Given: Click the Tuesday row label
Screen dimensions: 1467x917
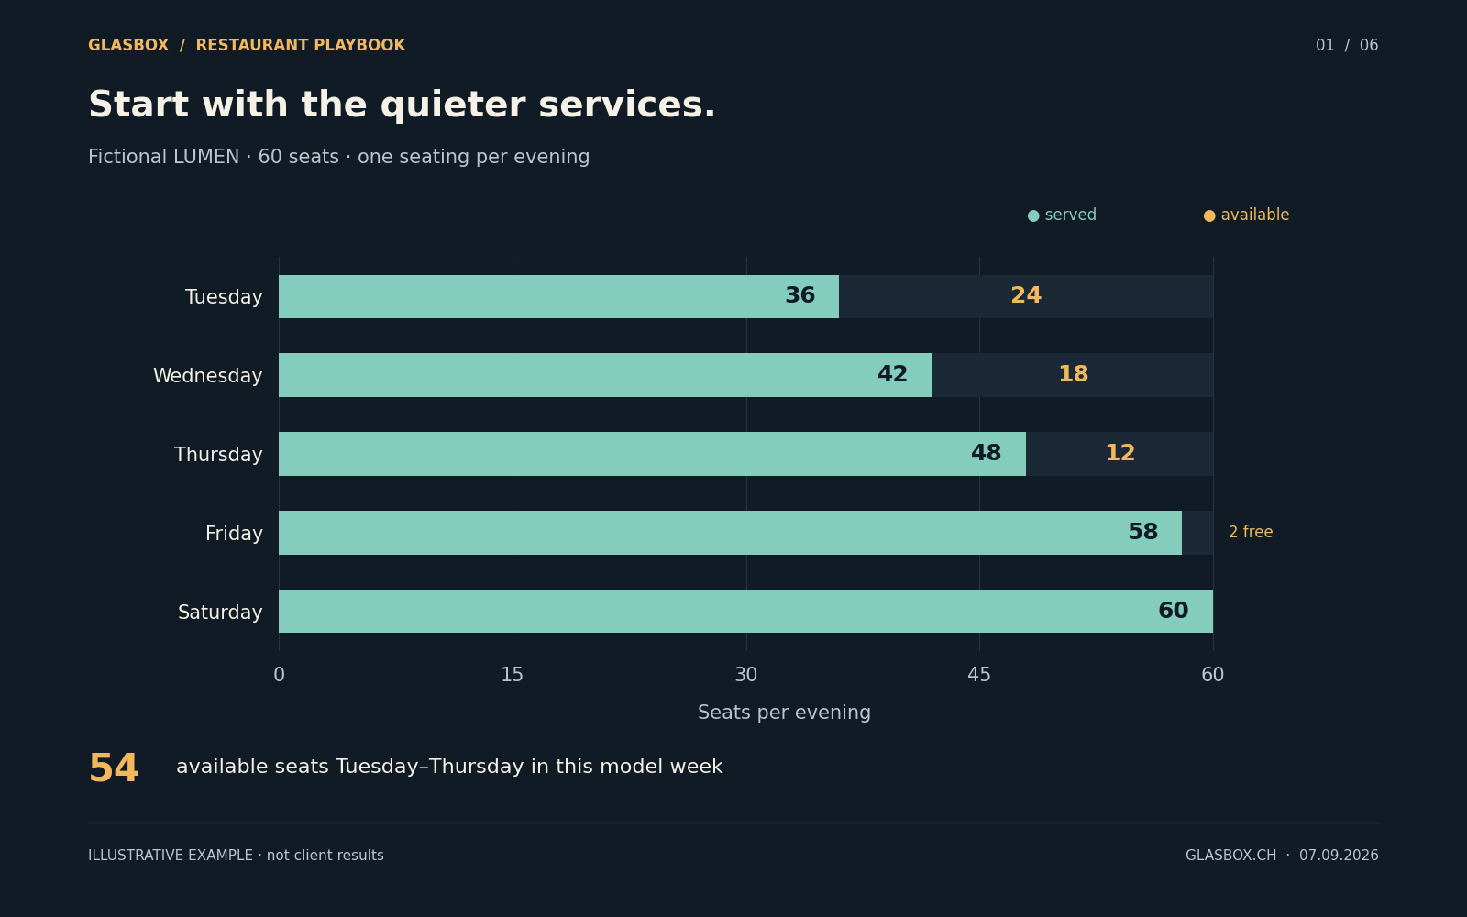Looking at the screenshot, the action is point(224,297).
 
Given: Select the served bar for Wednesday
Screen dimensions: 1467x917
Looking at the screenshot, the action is point(605,375).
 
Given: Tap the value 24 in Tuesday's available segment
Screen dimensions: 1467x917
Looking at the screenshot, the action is point(1026,295).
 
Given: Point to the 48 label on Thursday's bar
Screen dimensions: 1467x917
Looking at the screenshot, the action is point(986,453).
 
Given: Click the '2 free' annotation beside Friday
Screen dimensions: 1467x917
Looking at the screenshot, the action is point(1251,532).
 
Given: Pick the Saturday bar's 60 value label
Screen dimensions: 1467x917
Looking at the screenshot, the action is point(1173,611).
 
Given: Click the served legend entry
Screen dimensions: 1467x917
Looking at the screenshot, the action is point(1062,215).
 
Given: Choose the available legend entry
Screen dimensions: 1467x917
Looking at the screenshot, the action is point(1246,215).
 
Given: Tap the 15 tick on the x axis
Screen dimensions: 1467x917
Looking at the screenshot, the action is point(513,675).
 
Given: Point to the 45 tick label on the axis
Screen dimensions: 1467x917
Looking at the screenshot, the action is point(979,675).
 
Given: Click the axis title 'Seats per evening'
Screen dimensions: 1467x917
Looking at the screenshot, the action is point(784,713).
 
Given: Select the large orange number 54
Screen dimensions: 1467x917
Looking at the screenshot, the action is point(114,768).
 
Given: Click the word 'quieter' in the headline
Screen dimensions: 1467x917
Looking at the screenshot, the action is point(452,105).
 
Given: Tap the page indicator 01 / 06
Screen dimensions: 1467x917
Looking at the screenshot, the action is point(1347,45).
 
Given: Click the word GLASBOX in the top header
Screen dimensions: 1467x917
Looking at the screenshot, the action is point(128,45).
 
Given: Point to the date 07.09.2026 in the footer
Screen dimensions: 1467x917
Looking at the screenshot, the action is point(1339,856).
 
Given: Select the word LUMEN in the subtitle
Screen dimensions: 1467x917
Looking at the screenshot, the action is point(205,157).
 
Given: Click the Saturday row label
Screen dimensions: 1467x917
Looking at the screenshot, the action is point(220,612).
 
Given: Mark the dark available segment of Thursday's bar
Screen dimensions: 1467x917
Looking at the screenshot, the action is point(1120,454).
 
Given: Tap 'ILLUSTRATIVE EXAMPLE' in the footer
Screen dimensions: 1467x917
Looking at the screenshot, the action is point(171,856).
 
